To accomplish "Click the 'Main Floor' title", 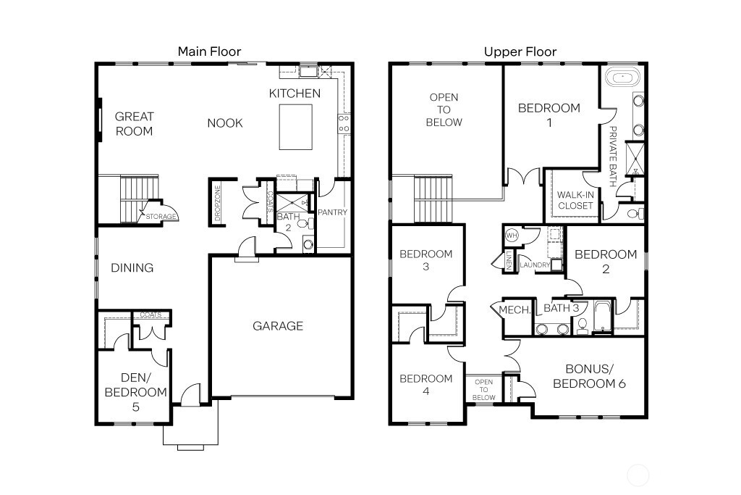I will tap(210, 51).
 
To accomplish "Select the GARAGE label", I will tap(278, 326).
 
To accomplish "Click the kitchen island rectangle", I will tap(296, 127).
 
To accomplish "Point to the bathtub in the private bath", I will tap(619, 77).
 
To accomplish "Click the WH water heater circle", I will tap(512, 235).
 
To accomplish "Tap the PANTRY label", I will tap(333, 212).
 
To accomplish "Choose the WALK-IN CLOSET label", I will tap(575, 200).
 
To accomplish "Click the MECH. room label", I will tap(516, 309).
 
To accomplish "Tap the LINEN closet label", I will tap(509, 262).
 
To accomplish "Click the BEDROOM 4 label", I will tap(425, 384).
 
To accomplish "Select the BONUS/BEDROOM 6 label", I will tap(588, 376).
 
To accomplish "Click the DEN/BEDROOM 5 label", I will tap(135, 392).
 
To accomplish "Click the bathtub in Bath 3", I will tap(602, 317).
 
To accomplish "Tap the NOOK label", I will tap(225, 123).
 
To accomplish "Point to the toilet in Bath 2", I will tap(302, 223).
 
